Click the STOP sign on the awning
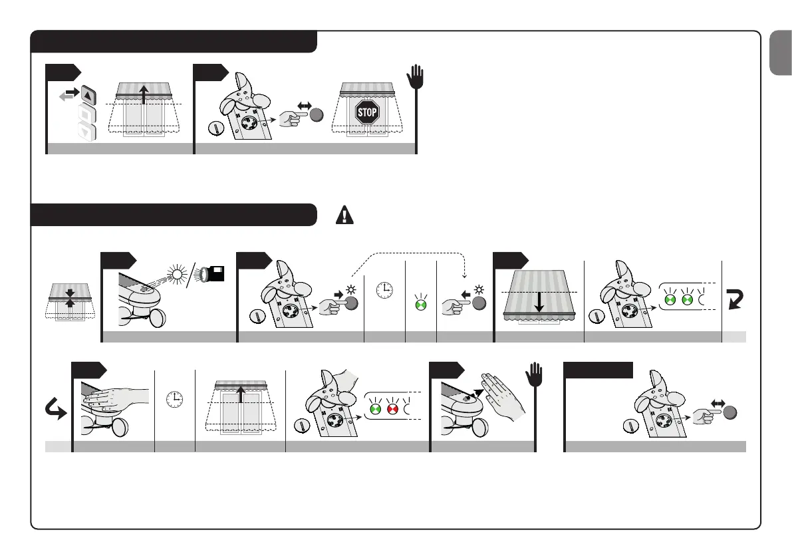(367, 112)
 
